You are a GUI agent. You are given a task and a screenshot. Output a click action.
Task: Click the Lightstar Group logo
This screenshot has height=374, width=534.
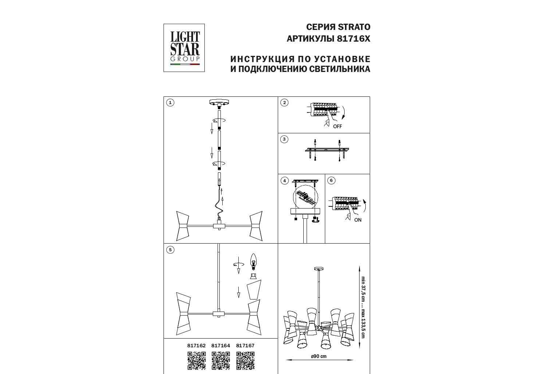click(184, 48)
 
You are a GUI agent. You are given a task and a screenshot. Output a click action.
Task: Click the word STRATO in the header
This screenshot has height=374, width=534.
click(354, 27)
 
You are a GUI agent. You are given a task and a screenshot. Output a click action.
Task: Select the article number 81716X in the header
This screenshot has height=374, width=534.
click(354, 39)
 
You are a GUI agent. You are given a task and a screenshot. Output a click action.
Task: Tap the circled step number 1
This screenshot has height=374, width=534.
click(170, 103)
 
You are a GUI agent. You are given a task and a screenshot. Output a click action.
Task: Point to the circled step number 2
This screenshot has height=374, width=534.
click(284, 103)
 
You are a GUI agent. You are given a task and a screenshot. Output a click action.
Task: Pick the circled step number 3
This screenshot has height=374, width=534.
click(284, 139)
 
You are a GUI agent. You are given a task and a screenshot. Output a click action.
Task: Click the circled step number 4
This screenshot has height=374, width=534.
click(284, 181)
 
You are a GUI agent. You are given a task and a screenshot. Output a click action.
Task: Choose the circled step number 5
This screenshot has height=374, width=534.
click(170, 250)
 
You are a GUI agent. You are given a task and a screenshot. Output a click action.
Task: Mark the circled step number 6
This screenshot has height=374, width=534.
click(331, 180)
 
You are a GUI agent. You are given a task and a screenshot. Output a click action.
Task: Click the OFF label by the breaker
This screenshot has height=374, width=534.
click(338, 126)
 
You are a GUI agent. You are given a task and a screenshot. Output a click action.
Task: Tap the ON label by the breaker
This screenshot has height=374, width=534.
click(358, 220)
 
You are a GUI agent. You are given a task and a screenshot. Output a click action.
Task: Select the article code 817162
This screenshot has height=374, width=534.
click(196, 346)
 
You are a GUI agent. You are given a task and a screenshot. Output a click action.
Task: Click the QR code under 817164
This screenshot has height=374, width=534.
click(221, 360)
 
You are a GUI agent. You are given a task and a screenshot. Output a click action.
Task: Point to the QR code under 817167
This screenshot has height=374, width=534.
click(245, 360)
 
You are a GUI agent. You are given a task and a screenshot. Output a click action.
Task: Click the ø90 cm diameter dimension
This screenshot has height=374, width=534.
click(319, 356)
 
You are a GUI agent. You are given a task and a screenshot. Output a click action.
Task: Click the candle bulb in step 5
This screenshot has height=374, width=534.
click(253, 262)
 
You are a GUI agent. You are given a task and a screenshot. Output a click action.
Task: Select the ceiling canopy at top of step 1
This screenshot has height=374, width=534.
click(219, 103)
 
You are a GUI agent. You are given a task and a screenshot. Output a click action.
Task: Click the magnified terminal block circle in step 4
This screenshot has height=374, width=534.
click(306, 198)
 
